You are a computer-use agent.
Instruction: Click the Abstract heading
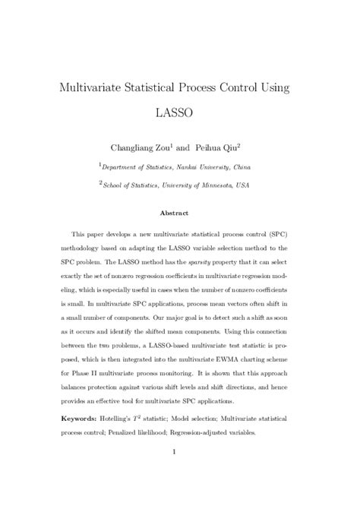[x=180, y=213]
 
